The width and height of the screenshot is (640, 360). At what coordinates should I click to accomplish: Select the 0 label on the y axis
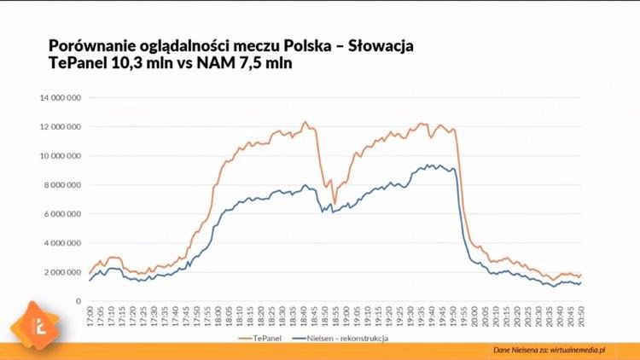[x=78, y=301]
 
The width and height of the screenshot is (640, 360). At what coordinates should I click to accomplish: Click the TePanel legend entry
[x=261, y=338]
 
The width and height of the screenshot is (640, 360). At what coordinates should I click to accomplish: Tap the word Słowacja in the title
[x=376, y=44]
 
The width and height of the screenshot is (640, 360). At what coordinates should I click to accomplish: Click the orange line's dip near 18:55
[x=335, y=205]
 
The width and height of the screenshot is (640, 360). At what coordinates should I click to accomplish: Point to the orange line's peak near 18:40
[x=305, y=123]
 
